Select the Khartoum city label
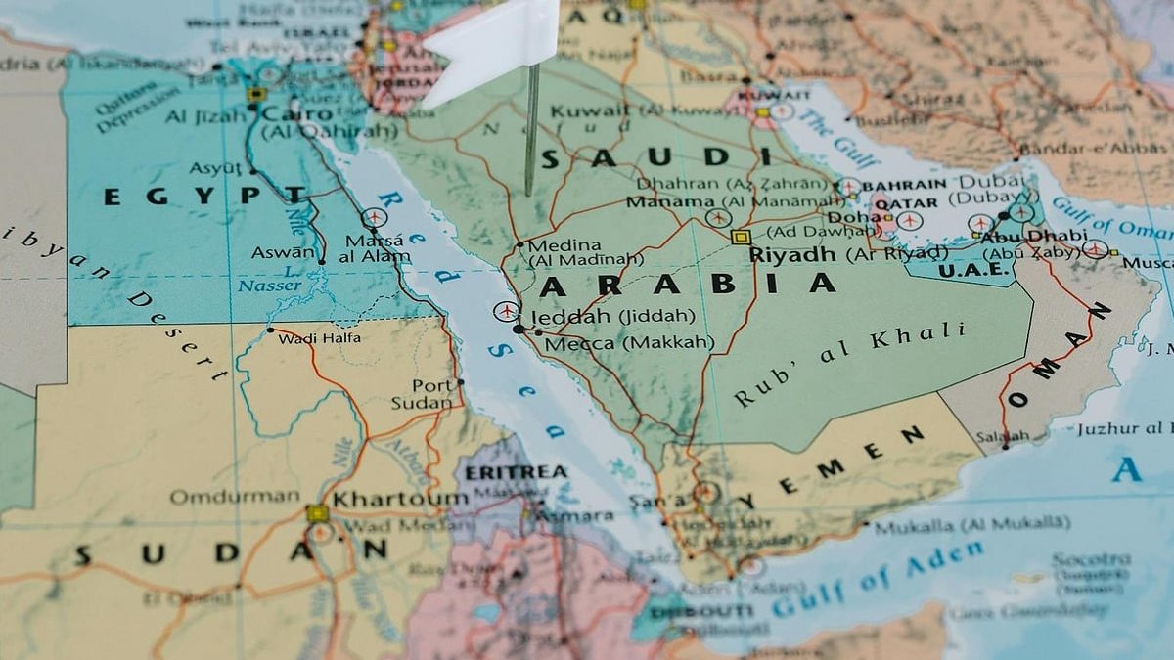(400, 499)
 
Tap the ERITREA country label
(516, 472)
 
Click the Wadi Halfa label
(319, 338)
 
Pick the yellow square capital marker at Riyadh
(741, 237)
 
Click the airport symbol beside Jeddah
(505, 312)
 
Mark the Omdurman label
(234, 497)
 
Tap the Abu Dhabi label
(1033, 236)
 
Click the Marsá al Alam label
(375, 249)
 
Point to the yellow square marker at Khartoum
(317, 513)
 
